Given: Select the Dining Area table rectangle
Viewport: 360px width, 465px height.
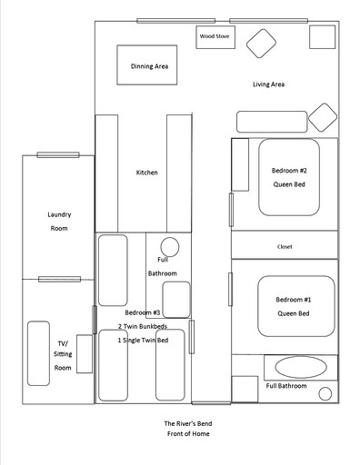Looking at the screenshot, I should pyautogui.click(x=145, y=65).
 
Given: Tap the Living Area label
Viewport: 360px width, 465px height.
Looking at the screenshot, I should pyautogui.click(x=269, y=85).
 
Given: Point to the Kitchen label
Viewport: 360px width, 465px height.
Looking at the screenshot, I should pyautogui.click(x=147, y=173).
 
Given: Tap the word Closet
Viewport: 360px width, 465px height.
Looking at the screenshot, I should pyautogui.click(x=285, y=246).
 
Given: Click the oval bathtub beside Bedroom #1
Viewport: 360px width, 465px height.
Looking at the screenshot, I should pyautogui.click(x=298, y=367).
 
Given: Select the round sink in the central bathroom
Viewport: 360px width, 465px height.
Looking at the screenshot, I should pyautogui.click(x=170, y=247).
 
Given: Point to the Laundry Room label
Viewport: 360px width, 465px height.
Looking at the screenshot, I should pyautogui.click(x=59, y=222).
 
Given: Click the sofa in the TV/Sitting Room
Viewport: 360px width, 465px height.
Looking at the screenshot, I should pyautogui.click(x=38, y=352).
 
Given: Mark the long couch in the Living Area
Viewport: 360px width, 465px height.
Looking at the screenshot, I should pyautogui.click(x=271, y=122).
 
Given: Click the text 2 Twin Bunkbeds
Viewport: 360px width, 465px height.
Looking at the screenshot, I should pyautogui.click(x=143, y=326).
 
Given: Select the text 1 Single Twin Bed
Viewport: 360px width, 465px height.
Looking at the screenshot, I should pyautogui.click(x=144, y=340).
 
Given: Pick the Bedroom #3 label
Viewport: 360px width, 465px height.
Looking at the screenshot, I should pyautogui.click(x=143, y=312).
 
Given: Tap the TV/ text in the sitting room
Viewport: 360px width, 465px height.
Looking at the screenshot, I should pyautogui.click(x=62, y=331).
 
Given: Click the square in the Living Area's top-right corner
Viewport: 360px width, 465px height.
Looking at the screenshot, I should pyautogui.click(x=322, y=36).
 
